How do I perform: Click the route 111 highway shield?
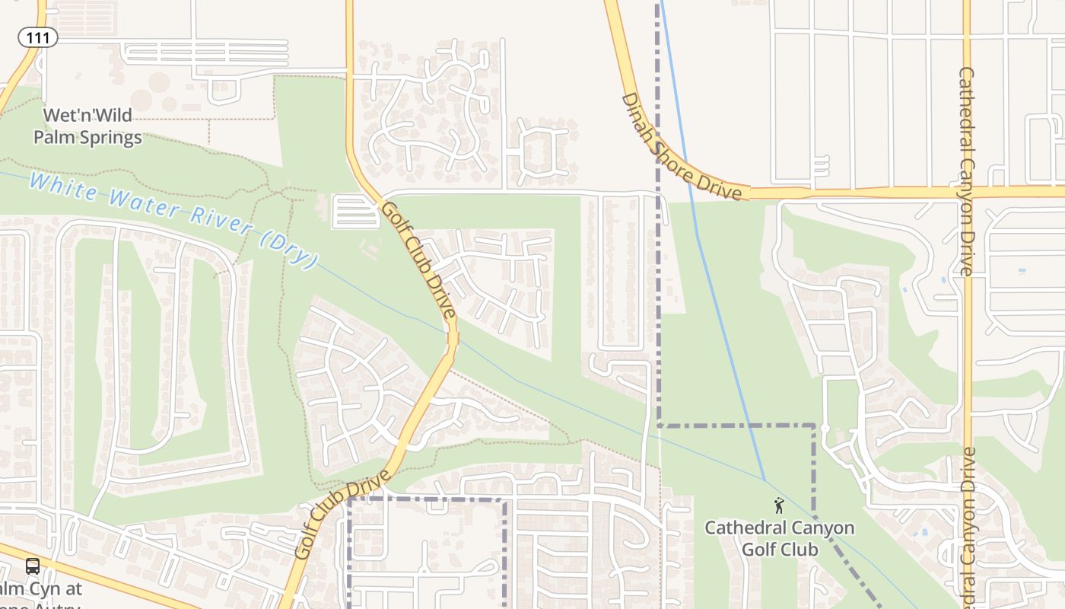[x=38, y=37]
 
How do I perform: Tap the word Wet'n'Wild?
[x=87, y=116]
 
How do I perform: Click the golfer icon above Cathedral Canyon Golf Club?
[x=778, y=505]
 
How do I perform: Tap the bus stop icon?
[x=33, y=566]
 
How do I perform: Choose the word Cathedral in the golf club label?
[x=741, y=528]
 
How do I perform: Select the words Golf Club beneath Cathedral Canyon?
[x=780, y=549]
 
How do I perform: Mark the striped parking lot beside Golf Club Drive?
[x=355, y=212]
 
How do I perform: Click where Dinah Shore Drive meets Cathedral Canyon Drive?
[x=967, y=191]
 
